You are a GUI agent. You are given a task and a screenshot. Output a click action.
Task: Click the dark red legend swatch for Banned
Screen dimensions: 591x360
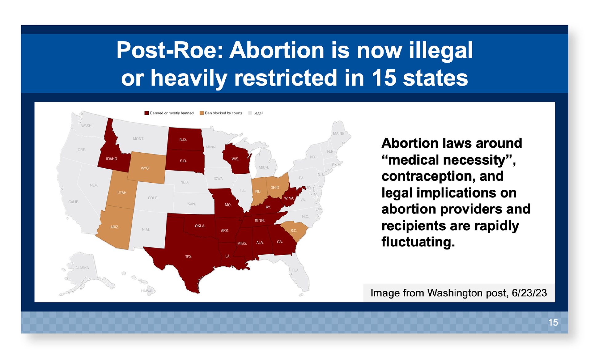click(147, 113)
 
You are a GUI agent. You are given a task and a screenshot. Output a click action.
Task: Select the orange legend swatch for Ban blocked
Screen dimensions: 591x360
click(202, 113)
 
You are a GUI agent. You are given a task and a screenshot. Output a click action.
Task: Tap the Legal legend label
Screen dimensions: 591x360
click(258, 113)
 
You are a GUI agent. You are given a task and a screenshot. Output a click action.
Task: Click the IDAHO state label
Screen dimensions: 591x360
click(112, 159)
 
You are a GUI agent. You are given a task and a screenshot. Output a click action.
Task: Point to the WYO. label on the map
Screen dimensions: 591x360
click(145, 168)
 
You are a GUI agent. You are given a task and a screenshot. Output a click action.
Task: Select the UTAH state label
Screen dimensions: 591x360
click(122, 192)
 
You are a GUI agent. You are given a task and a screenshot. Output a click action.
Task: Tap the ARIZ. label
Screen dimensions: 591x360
click(115, 227)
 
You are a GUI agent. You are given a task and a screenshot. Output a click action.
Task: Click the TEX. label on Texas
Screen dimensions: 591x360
click(189, 257)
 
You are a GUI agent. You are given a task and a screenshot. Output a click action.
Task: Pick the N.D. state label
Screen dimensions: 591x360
click(183, 140)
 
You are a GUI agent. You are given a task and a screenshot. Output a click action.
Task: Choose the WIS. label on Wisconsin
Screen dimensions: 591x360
click(235, 159)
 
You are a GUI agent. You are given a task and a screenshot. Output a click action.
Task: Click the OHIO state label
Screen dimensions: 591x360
click(275, 188)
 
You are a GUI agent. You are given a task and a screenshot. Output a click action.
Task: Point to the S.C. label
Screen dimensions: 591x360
click(294, 231)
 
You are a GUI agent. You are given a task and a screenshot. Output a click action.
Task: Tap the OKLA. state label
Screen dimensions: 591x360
click(200, 226)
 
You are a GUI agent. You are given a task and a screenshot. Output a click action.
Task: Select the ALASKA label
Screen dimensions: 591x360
click(82, 268)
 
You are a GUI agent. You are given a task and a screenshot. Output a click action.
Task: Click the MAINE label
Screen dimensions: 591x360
click(339, 134)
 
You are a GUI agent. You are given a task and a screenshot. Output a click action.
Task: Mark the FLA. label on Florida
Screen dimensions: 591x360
click(296, 270)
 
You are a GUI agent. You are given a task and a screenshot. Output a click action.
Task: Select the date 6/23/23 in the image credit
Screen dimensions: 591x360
click(529, 293)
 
